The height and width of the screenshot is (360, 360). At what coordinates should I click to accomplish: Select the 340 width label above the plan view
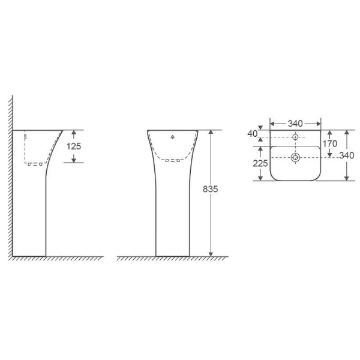point(295,124)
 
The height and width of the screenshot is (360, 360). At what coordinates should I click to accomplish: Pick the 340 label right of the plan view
point(347,156)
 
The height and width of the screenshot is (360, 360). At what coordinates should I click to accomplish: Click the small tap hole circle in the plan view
point(295,137)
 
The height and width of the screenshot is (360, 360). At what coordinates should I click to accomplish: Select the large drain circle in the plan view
point(295,158)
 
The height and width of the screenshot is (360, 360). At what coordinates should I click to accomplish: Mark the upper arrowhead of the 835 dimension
point(211,133)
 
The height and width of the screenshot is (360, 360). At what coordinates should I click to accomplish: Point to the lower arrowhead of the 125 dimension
point(74,159)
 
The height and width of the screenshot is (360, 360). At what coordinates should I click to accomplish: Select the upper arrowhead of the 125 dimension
point(74,133)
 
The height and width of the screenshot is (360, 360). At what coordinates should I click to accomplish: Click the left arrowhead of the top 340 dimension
point(273,124)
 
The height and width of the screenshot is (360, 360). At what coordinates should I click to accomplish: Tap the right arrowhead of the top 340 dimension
point(317,124)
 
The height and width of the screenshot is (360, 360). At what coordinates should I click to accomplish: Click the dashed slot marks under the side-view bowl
point(36,163)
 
